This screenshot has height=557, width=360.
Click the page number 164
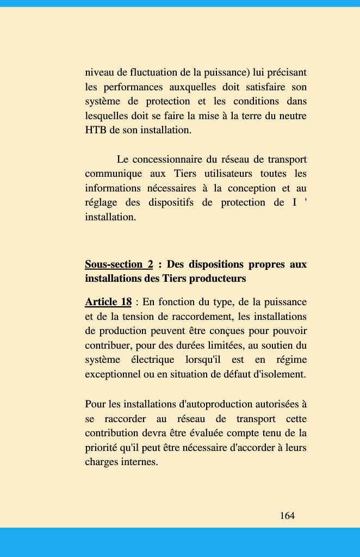coord(287,516)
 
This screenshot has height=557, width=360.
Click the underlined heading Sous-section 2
coord(119,264)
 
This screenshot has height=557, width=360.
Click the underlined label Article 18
coord(108,302)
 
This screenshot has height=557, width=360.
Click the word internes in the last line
coord(140,462)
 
